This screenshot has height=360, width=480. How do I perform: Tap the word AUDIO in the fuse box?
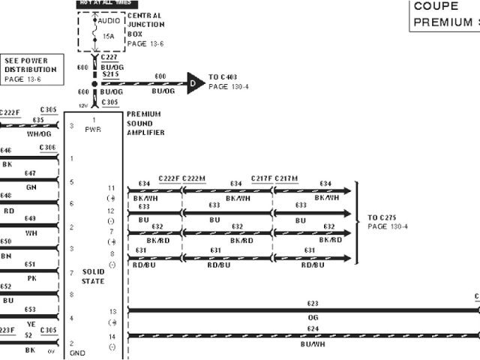coord(109,20)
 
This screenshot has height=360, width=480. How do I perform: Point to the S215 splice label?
coord(110,75)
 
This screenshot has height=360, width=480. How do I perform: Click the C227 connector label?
coord(109,58)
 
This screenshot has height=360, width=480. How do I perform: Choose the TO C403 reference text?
coord(223,77)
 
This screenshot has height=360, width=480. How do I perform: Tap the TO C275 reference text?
coord(382,218)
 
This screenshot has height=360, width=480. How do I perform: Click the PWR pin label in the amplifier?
coord(94,129)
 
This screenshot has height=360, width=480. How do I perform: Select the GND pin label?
coord(76,352)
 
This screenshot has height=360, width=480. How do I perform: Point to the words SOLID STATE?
coord(93,276)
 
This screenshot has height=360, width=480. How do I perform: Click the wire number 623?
coord(313,304)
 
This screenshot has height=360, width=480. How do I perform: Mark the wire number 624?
coord(313,328)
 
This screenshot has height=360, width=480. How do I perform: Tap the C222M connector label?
coord(193,178)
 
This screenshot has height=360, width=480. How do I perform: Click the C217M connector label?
coord(286,178)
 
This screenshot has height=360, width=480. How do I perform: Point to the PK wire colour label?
coord(32,277)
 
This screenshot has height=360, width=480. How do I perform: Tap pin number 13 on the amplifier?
coord(112,310)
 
